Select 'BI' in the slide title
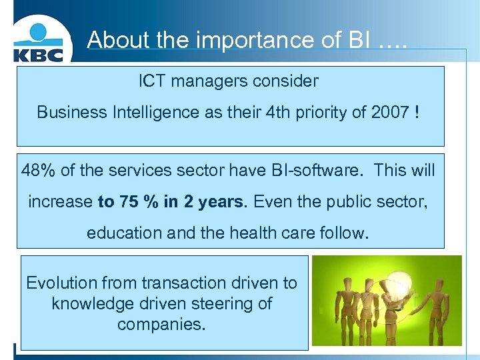[355, 40]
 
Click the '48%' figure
[38, 171]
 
